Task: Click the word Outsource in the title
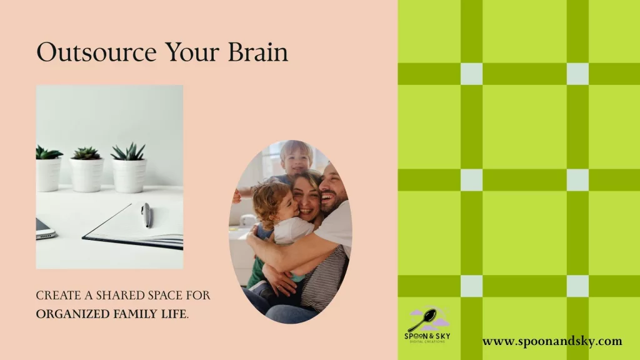click(x=96, y=52)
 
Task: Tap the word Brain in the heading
click(x=258, y=52)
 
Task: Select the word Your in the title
click(x=192, y=52)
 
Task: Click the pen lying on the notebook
click(x=146, y=215)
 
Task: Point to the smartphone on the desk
click(x=45, y=229)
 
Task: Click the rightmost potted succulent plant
click(x=129, y=167)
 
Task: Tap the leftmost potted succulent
click(x=49, y=169)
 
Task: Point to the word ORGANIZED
click(x=72, y=314)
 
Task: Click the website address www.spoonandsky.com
click(x=552, y=341)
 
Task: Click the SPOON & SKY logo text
click(x=427, y=336)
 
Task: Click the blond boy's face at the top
click(x=296, y=160)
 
